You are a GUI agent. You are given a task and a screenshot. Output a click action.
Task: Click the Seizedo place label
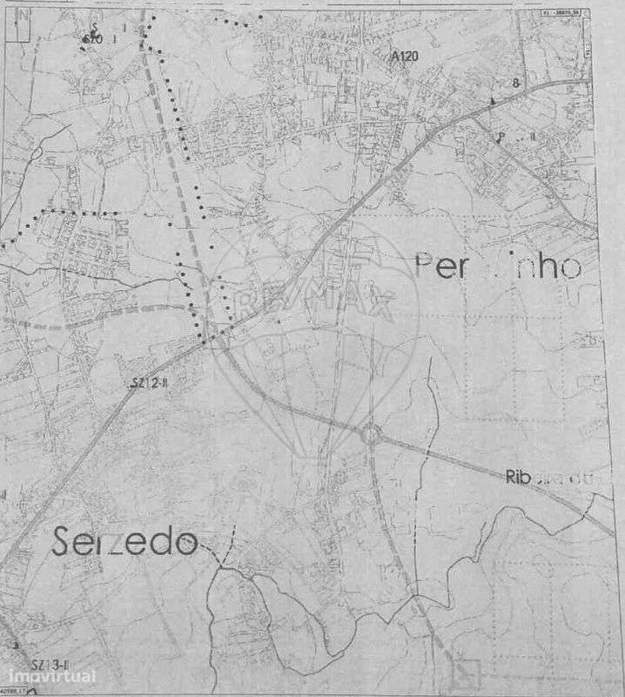point(125,542)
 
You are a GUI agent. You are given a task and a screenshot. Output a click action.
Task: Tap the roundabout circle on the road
point(372,433)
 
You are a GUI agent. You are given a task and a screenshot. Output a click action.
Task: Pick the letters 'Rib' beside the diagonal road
point(516,477)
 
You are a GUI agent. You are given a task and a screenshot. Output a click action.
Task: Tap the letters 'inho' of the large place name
point(541,266)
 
